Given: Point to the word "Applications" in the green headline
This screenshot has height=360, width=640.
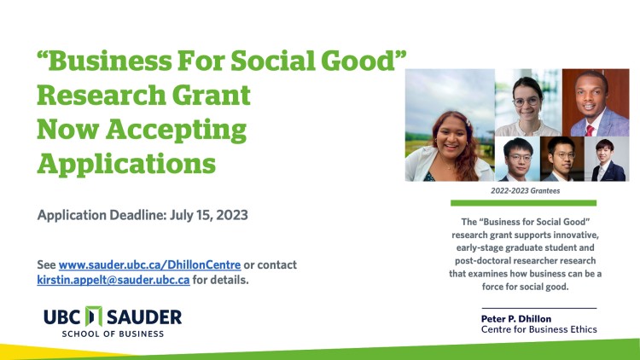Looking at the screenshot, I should [126, 163].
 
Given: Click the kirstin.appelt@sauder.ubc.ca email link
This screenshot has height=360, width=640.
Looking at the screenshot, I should [113, 280].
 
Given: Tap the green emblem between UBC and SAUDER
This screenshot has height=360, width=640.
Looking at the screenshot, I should [94, 317].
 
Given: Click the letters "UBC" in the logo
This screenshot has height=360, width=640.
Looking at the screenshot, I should [63, 317].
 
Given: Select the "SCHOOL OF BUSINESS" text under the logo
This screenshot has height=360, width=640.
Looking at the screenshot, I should [113, 334].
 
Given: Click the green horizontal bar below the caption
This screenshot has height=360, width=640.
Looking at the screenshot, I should [523, 203].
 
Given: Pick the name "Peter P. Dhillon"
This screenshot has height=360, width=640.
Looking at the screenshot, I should [516, 318].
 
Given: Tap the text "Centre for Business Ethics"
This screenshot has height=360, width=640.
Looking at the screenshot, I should [539, 329].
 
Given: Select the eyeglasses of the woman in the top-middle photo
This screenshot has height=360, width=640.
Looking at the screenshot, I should [527, 101].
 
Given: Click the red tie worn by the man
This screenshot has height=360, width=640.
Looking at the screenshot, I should [589, 130].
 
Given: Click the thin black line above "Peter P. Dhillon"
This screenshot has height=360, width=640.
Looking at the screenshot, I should [539, 307].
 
